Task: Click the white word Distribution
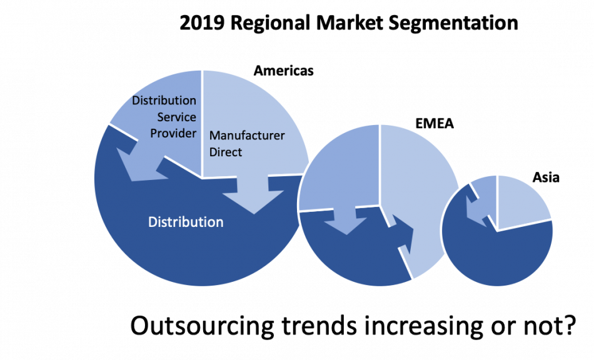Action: (185, 222)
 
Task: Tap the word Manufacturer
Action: (247, 136)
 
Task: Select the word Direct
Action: (226, 152)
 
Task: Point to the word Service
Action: (176, 117)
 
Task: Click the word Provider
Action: (173, 133)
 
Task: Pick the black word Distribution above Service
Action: (164, 101)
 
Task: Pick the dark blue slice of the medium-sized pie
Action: (350, 256)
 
